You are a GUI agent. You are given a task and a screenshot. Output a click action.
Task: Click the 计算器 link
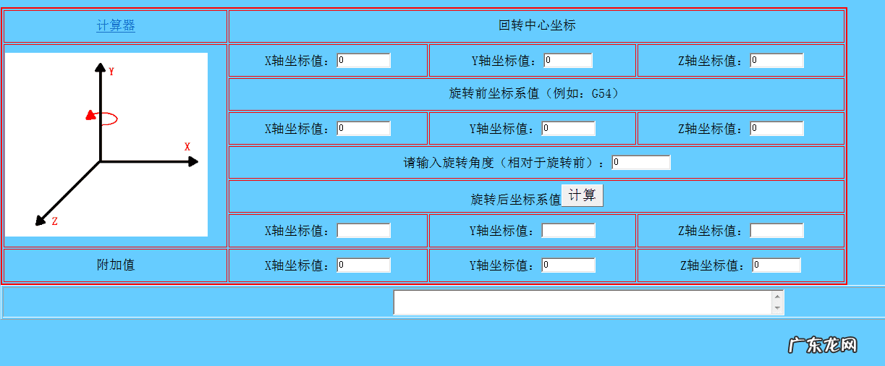[116, 26]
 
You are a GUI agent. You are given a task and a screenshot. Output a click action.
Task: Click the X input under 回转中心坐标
[364, 61]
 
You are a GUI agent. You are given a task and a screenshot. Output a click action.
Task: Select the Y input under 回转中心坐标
[568, 61]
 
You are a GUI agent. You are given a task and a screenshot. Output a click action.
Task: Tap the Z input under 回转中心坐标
[776, 61]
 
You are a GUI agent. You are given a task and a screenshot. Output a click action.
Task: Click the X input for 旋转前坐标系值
[364, 129]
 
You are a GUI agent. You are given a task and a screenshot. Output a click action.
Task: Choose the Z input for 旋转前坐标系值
[776, 129]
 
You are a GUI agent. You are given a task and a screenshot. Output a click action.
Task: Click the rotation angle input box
[641, 163]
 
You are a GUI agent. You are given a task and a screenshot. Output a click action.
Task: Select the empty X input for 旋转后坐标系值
[364, 231]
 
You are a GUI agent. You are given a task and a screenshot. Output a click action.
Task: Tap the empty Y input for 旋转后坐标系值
[568, 231]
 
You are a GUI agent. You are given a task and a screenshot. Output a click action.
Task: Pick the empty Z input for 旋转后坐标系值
[776, 231]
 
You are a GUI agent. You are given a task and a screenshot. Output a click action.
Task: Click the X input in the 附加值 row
[364, 265]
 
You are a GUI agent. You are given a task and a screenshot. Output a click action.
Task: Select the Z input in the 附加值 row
[776, 265]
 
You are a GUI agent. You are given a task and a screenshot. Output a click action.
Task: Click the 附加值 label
[116, 265]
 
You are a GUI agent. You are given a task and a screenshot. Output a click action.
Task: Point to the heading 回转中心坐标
[537, 26]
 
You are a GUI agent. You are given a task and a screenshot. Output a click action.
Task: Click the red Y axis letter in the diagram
[112, 72]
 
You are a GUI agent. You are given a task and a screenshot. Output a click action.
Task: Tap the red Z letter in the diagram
[54, 221]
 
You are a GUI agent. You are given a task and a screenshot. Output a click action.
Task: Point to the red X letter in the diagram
[187, 147]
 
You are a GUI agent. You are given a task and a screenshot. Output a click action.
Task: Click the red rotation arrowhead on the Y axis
[90, 114]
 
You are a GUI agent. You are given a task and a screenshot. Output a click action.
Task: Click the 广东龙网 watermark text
[822, 345]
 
